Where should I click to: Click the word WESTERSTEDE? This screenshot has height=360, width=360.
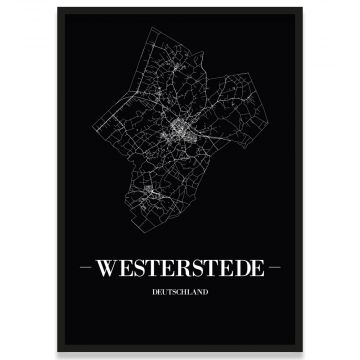click(x=179, y=270)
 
